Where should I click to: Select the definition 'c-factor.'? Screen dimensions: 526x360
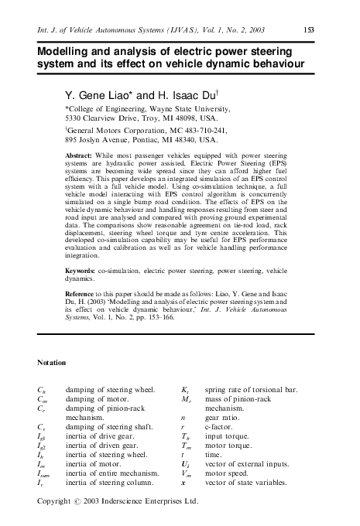pos(220,425)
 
